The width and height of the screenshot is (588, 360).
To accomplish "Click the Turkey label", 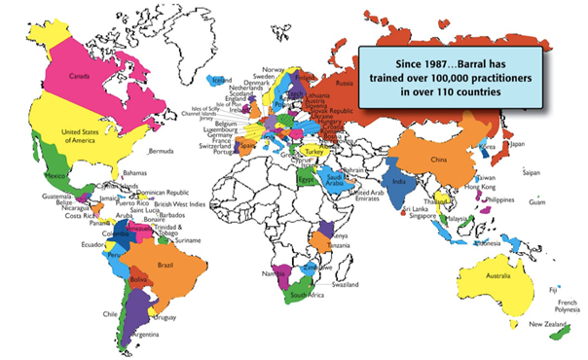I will point(312,151).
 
